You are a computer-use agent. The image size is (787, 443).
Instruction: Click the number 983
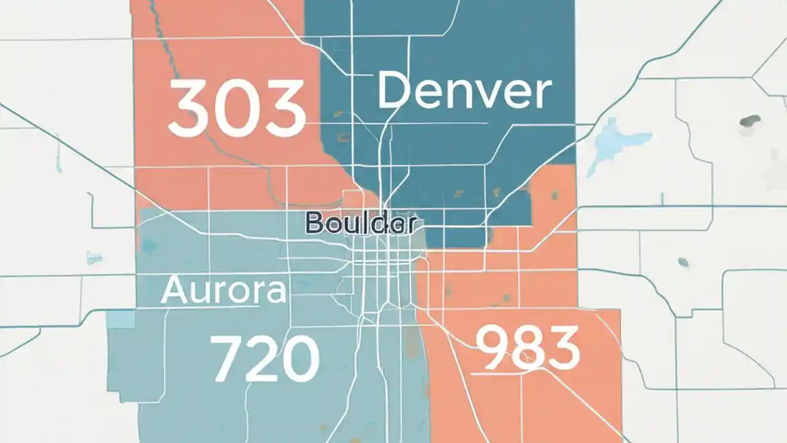pos(528,348)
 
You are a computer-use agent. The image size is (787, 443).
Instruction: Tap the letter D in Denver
pos(394,90)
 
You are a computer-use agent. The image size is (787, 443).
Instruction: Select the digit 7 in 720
pos(227,359)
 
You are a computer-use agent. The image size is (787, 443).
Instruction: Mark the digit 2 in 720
pos(263,359)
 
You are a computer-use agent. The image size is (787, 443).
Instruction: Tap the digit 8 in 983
pos(527,348)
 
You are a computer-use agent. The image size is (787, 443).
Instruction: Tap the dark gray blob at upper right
pos(750,121)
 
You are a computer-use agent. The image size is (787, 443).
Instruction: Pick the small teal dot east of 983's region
pos(683,262)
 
